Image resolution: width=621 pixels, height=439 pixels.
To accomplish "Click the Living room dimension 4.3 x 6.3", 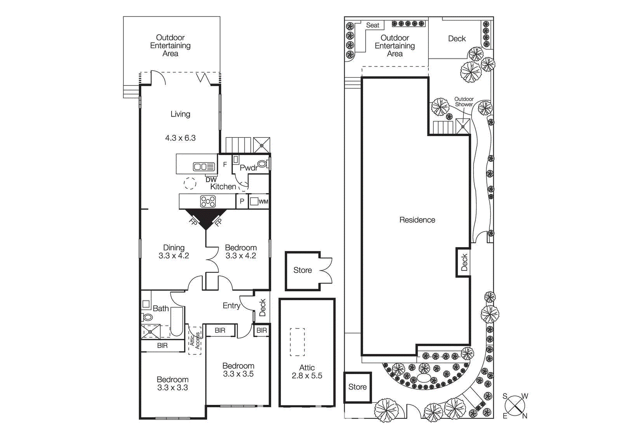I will tap(180, 138).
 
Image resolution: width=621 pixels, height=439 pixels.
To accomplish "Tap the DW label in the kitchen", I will tap(211, 180).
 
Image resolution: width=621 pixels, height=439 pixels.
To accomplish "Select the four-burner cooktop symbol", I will tap(208, 201).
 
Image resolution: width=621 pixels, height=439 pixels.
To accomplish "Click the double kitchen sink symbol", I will tap(204, 167).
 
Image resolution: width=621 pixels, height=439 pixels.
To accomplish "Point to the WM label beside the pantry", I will tap(263, 202).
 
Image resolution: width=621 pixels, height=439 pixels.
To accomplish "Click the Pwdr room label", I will tap(248, 168).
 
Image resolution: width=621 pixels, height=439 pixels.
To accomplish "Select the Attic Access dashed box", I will tap(195, 340).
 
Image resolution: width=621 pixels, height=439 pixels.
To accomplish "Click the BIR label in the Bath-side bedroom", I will tap(162, 345).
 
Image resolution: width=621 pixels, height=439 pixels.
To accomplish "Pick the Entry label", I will tap(231, 306).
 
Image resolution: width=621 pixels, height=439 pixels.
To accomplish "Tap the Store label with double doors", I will tap(302, 270).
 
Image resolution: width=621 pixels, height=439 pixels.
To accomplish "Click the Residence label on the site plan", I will tap(417, 220).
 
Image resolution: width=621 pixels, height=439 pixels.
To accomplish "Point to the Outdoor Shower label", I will tap(464, 102).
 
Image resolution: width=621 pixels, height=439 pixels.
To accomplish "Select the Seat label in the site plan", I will tap(373, 25).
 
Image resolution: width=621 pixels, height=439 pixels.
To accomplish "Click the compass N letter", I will tap(525, 416).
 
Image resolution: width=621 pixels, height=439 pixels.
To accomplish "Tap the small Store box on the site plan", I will tap(357, 387).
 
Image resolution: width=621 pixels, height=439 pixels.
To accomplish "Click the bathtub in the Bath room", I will tap(177, 322).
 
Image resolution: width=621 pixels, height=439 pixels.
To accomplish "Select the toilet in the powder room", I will tap(263, 164).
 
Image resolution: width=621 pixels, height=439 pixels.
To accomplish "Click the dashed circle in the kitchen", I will tap(190, 183).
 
